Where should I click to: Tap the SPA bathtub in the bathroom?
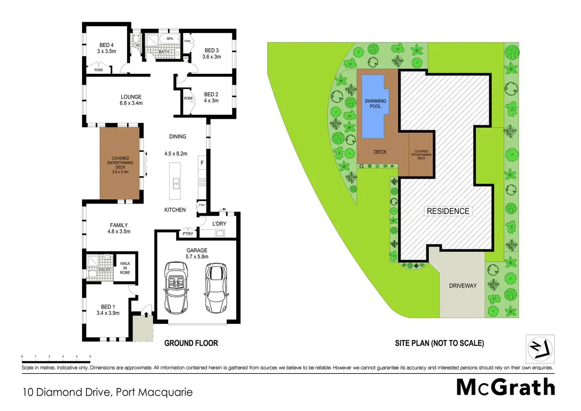[170, 39]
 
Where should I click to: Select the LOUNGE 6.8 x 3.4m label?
[131, 100]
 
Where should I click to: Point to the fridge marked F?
[202, 163]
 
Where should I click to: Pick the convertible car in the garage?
[176, 287]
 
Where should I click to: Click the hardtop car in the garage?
[216, 288]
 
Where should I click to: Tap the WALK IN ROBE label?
[125, 268]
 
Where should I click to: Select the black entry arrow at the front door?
[146, 315]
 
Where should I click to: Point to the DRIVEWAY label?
[463, 286]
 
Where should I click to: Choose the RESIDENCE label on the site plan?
[448, 211]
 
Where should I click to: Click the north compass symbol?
[540, 349]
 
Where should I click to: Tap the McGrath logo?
[506, 387]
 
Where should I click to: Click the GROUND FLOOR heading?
[191, 343]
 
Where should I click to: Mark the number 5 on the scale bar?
[90, 357]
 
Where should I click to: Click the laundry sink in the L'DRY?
[220, 234]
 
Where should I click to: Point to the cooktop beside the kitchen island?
[202, 182]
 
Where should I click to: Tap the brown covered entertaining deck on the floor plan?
[120, 163]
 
